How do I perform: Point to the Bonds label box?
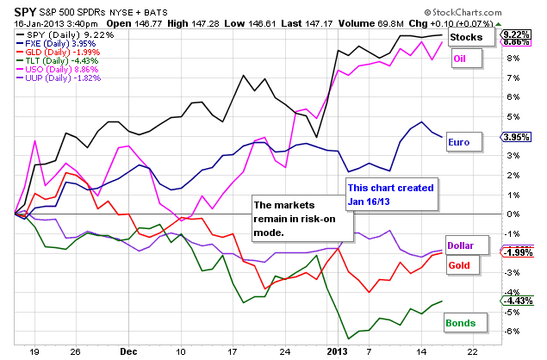[x=463, y=323]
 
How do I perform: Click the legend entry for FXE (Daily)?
[x=50, y=42]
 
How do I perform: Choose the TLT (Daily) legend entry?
[x=50, y=61]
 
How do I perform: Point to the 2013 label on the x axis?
[x=337, y=351]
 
